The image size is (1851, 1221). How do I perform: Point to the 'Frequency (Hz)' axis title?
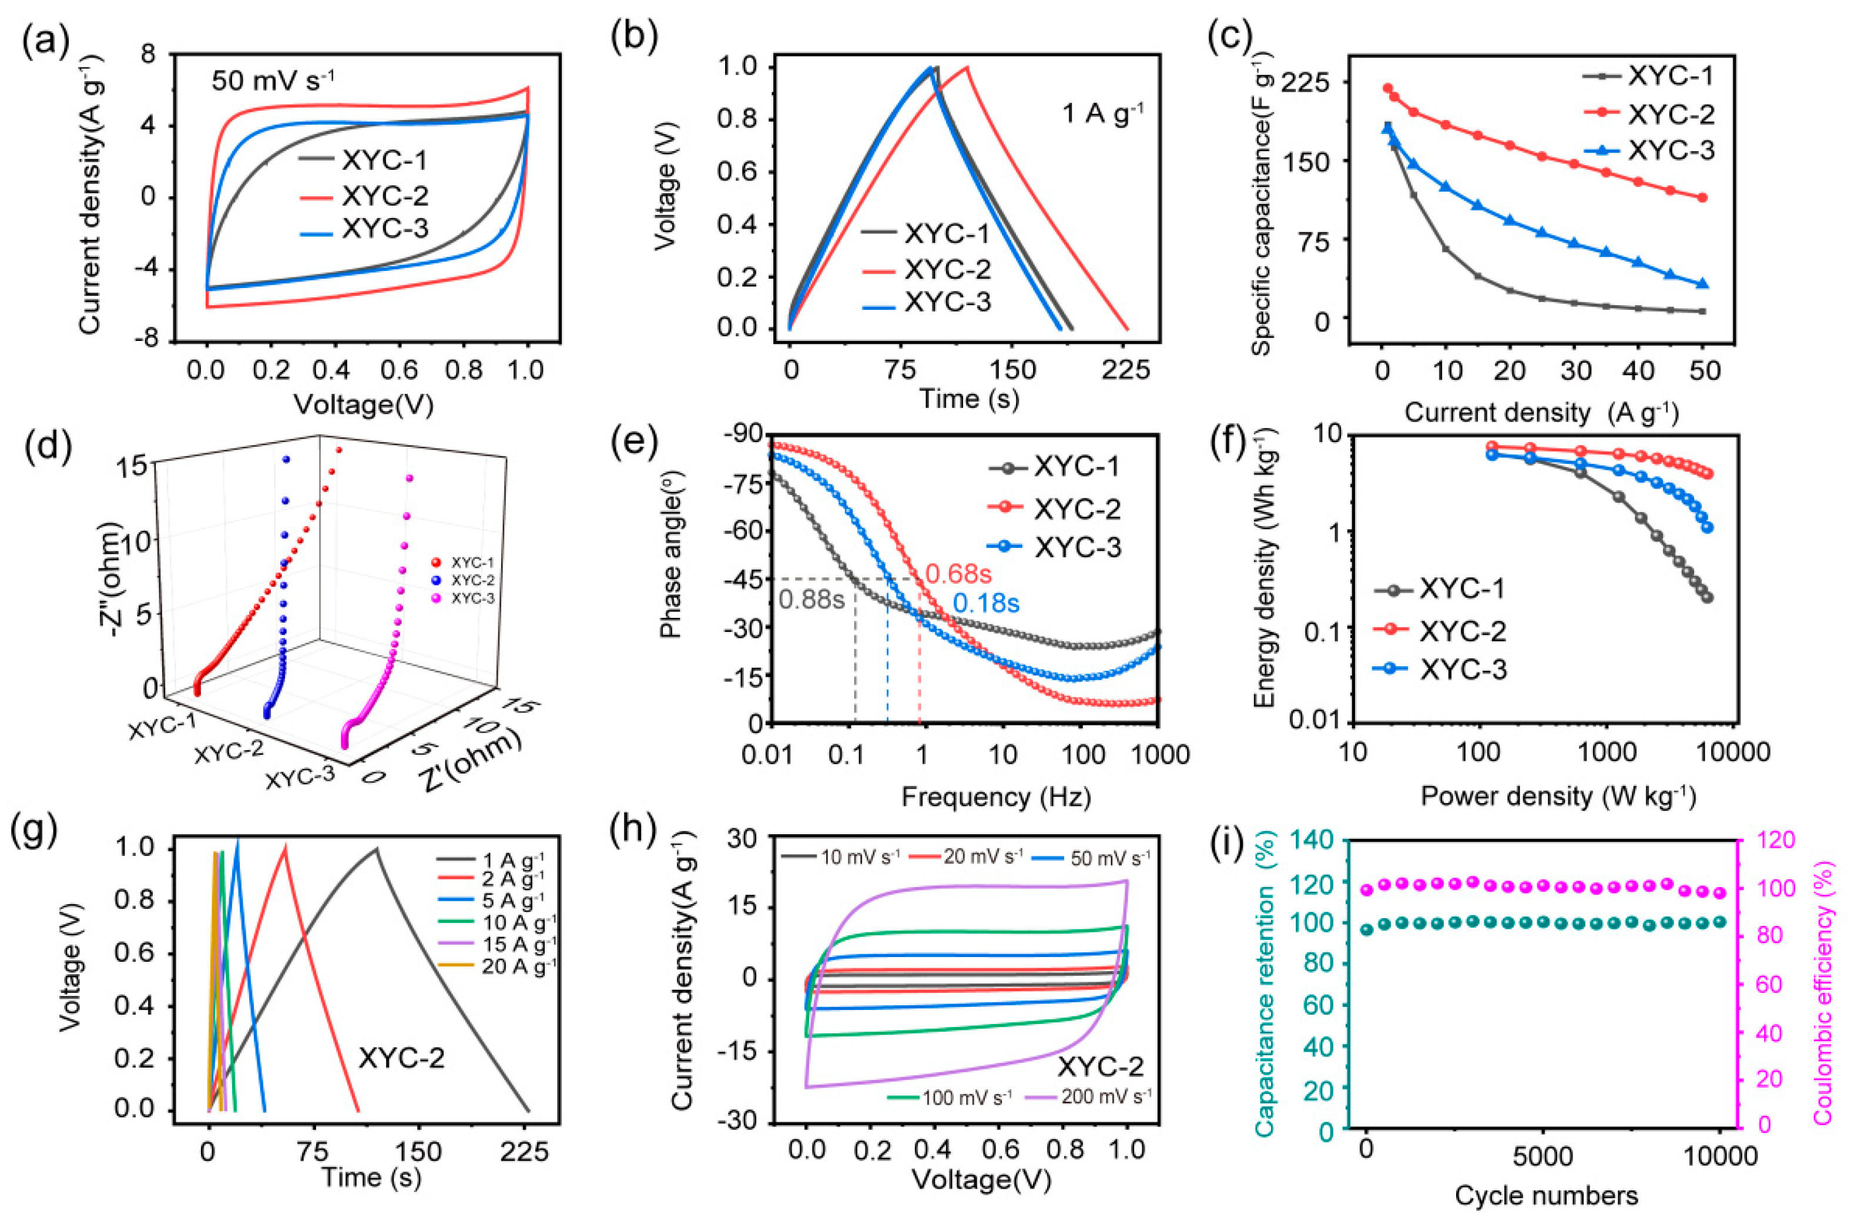pos(995,797)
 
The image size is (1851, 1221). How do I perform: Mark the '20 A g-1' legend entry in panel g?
pos(518,967)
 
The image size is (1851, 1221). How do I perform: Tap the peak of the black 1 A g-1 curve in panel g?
pos(377,849)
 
